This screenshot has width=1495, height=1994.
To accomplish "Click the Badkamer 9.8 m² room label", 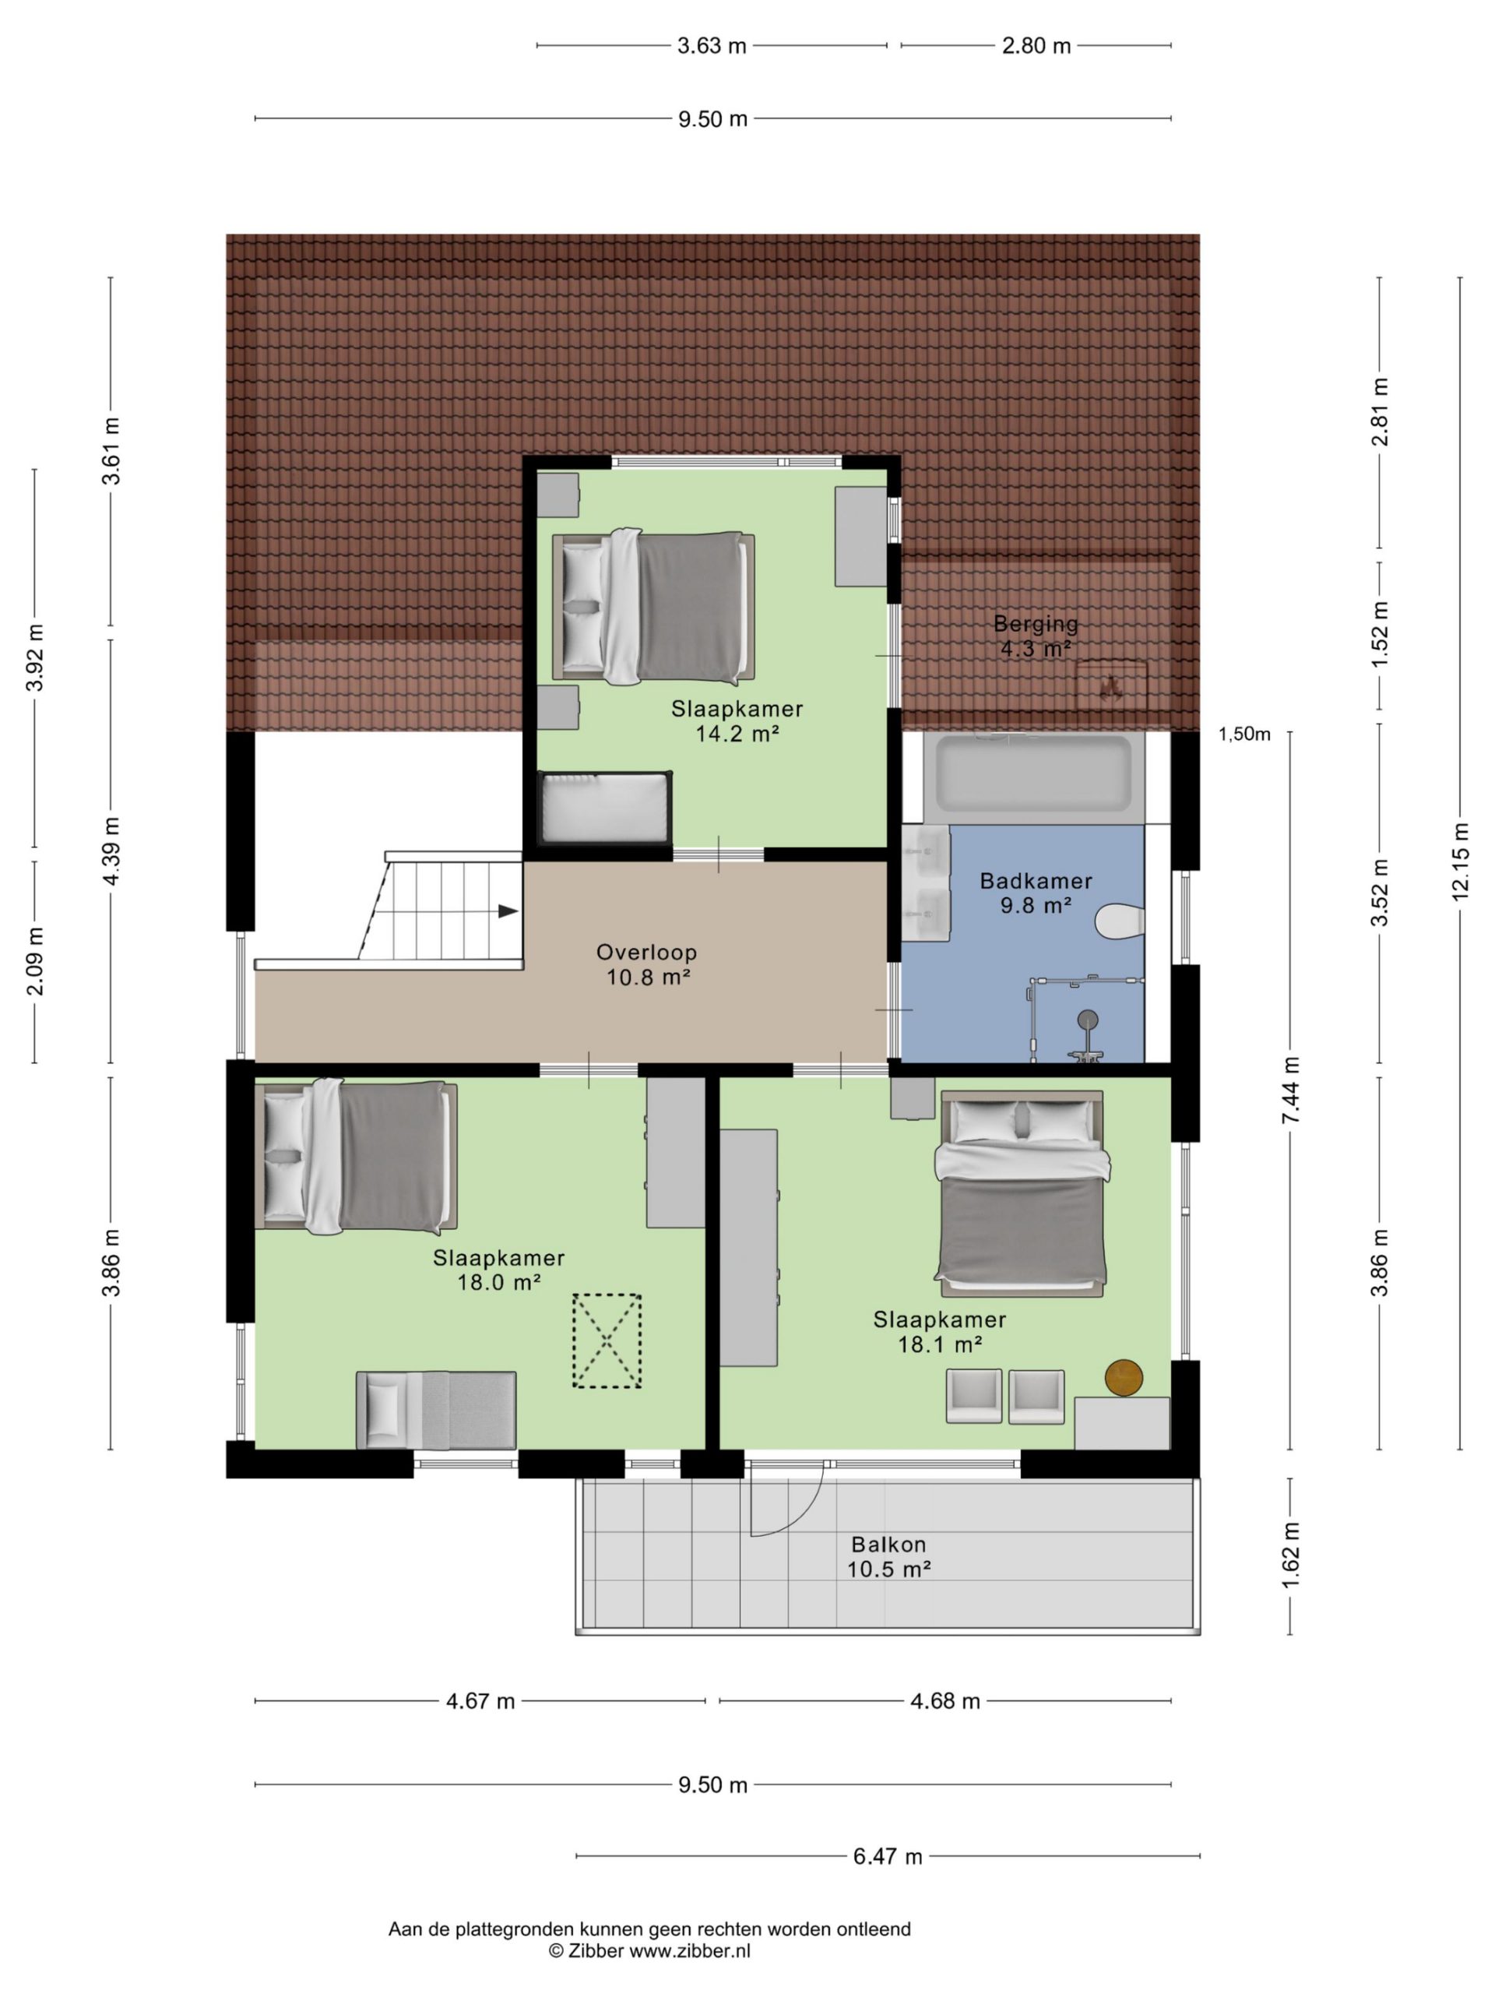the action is pyautogui.click(x=1036, y=893).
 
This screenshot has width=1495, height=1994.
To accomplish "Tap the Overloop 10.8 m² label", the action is pyautogui.click(x=647, y=964).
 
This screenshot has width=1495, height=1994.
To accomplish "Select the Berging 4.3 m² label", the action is pyautogui.click(x=1036, y=636).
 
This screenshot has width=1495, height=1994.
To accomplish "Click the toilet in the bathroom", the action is pyautogui.click(x=1120, y=921).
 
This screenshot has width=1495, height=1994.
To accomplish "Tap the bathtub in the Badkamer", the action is pyautogui.click(x=1033, y=773).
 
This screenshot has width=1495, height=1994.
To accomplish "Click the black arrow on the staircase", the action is pyautogui.click(x=508, y=911).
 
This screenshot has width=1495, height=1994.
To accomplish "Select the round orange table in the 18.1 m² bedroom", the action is pyautogui.click(x=1124, y=1376).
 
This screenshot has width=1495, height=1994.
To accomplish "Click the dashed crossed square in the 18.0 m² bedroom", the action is pyautogui.click(x=607, y=1340).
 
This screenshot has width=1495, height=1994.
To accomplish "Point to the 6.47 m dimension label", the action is pyautogui.click(x=888, y=1856).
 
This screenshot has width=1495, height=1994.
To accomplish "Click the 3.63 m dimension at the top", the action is pyautogui.click(x=712, y=46).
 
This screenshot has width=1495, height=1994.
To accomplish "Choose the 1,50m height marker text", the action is pyautogui.click(x=1244, y=735).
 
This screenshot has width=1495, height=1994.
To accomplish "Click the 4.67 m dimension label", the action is pyautogui.click(x=480, y=1701).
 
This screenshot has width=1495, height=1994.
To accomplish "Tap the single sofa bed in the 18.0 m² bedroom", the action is pyautogui.click(x=436, y=1410).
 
